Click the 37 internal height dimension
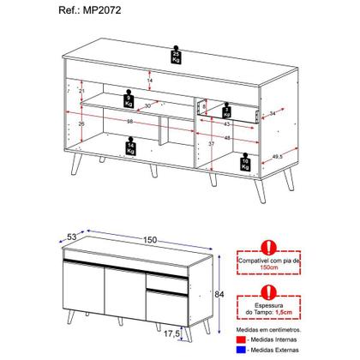[210, 146]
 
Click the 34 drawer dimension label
[273, 114]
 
